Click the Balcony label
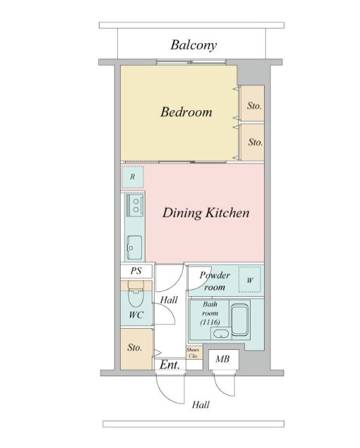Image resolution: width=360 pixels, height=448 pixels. (x=193, y=45)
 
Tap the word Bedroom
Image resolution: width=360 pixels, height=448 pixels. (x=186, y=111)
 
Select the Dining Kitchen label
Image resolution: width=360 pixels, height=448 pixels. (x=206, y=213)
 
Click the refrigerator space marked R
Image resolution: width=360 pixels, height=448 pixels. (x=133, y=177)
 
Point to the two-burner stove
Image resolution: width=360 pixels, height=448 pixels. (x=135, y=205)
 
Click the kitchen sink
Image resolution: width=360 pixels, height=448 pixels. (x=134, y=248)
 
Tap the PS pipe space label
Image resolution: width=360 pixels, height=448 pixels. (x=136, y=271)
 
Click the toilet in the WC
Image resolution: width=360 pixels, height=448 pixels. (x=136, y=293)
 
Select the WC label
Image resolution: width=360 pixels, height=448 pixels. (x=136, y=315)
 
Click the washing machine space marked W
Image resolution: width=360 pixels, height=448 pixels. (x=250, y=279)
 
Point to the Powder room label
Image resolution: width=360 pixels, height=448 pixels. (x=215, y=281)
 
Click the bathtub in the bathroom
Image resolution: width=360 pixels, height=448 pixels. (x=239, y=319)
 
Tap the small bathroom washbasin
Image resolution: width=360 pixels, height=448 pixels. (x=221, y=334)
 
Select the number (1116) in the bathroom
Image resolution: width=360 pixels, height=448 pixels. (x=210, y=322)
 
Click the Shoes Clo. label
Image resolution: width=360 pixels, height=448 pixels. (x=193, y=353)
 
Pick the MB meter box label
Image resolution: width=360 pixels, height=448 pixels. (x=222, y=359)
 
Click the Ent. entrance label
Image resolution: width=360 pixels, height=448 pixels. (x=170, y=365)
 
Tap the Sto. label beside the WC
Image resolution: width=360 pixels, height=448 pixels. (x=135, y=348)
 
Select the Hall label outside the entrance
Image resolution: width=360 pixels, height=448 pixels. (x=200, y=404)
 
